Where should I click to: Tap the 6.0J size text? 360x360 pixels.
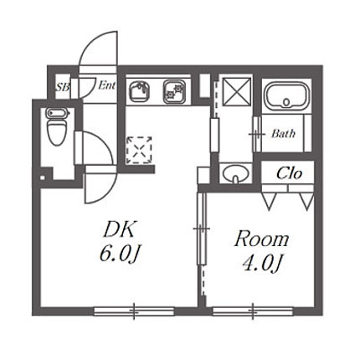(x=120, y=254)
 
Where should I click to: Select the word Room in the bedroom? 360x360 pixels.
(x=261, y=239)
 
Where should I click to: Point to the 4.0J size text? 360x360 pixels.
(x=261, y=264)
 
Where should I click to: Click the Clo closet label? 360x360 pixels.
(x=289, y=173)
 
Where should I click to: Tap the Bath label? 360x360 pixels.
(x=283, y=134)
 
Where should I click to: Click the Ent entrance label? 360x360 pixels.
(x=106, y=85)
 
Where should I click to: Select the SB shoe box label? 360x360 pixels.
(x=62, y=87)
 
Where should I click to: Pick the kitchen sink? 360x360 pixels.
(x=139, y=91)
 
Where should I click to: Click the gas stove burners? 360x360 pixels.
(x=174, y=91)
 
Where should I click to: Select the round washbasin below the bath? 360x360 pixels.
(x=236, y=174)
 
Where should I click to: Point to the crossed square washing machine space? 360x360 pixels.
(x=237, y=92)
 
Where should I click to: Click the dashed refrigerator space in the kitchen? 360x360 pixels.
(x=139, y=150)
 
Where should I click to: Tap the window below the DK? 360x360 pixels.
(x=134, y=311)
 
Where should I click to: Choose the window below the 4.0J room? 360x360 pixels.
(x=253, y=311)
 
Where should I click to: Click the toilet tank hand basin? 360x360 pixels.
(x=57, y=113)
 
